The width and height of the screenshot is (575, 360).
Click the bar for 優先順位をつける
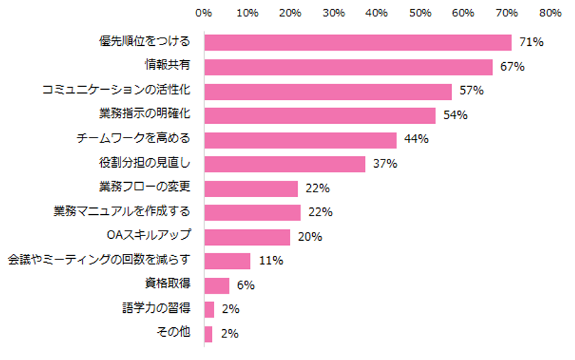[x=358, y=42]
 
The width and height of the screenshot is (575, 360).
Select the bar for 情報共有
[x=348, y=67]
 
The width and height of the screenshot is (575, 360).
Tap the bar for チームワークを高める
[x=301, y=140]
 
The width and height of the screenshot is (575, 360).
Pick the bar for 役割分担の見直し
[x=285, y=164]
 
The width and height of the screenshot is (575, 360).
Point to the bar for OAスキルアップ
[x=247, y=237]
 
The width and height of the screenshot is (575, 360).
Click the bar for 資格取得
[x=217, y=285]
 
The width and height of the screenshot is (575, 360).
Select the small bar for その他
[x=209, y=334]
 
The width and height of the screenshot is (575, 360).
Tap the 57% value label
[x=472, y=91]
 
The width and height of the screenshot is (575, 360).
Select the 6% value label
[x=246, y=285]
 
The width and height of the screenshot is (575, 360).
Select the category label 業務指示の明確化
[x=144, y=115]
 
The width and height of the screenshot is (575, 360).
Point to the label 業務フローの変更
[x=144, y=188]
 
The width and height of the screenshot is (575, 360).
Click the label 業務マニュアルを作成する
[x=122, y=212]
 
